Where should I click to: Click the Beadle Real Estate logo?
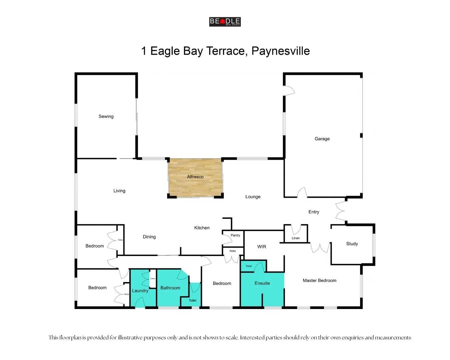[225, 22]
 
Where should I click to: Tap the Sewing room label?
[106, 116]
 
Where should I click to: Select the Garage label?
[322, 139]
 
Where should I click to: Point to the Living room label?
[119, 191]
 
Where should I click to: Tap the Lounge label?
[253, 197]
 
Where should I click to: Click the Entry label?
[314, 212]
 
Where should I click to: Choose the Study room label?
[352, 244]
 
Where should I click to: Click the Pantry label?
[235, 235]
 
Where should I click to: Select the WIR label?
[262, 247]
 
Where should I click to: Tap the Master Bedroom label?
[319, 280]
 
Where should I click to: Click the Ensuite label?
[262, 283]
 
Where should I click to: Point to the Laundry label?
[140, 291]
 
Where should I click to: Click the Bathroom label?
[170, 288]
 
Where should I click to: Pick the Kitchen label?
[202, 228]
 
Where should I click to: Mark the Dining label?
[149, 237]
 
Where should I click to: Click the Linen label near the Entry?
[296, 238]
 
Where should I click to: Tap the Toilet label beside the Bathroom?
[193, 300]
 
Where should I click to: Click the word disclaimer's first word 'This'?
[53, 337]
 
